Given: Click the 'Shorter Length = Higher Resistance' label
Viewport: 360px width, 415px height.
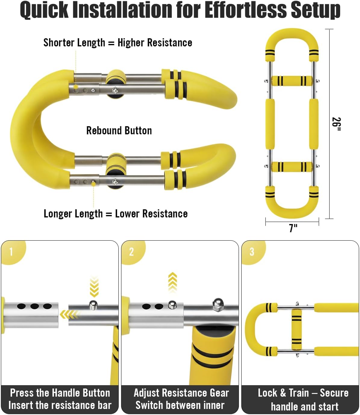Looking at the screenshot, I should click(117, 43).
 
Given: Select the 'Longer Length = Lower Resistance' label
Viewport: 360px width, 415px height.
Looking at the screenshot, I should click(115, 214).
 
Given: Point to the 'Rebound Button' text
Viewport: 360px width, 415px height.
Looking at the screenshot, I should click(119, 131).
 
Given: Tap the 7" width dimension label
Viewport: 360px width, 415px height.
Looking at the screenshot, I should click(293, 228).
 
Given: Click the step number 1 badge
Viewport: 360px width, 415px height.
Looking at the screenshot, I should click(11, 252).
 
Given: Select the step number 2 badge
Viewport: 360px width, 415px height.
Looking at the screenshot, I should click(131, 252).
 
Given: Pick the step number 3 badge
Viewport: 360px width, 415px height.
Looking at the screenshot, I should click(252, 252).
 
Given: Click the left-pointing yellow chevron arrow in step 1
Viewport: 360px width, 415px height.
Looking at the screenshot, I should click(69, 315).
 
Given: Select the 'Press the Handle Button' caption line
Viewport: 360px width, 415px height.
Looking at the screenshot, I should click(60, 393).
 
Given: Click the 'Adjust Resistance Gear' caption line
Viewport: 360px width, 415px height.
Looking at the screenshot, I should click(181, 393).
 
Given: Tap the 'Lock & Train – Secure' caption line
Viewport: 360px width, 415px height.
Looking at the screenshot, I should click(303, 393).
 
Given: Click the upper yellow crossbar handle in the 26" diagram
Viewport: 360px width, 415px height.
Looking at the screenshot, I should click(292, 81).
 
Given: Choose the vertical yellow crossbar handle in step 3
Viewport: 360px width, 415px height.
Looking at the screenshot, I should click(296, 329).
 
